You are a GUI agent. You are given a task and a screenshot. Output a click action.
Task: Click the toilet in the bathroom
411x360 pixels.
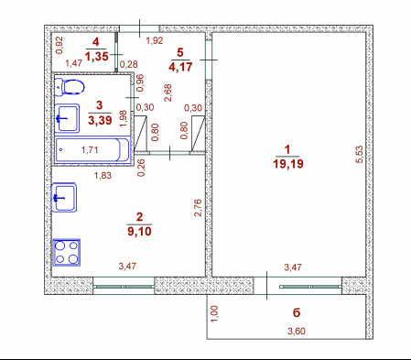point(70,87)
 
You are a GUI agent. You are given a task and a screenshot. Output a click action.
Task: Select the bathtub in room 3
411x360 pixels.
point(92,149)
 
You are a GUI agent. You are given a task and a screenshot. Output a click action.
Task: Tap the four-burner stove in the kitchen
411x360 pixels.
point(66,252)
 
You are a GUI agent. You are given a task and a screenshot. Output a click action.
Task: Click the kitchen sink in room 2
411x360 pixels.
point(64,197)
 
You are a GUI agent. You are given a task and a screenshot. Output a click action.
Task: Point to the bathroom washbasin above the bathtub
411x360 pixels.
point(67,118)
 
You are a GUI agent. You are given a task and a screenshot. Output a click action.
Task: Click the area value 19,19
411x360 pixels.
point(288,164)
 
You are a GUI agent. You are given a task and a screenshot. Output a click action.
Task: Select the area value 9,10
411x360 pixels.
point(139,231)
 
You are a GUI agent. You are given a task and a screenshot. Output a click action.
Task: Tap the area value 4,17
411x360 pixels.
point(180,67)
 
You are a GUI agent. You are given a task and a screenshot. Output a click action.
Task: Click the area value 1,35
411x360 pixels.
point(97,56)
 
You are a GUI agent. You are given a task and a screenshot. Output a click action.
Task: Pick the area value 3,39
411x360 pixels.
point(100,120)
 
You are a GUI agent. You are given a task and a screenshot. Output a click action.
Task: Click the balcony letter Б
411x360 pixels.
point(297,312)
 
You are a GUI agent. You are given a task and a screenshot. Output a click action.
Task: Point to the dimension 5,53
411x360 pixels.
point(360,155)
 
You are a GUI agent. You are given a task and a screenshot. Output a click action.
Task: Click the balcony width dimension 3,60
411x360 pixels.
point(297,331)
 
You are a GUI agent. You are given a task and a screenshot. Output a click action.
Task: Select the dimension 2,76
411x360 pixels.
point(198,208)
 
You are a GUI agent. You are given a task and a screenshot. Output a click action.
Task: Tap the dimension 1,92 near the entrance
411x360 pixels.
point(155,40)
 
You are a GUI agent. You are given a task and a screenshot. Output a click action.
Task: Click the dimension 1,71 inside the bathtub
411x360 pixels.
point(90,150)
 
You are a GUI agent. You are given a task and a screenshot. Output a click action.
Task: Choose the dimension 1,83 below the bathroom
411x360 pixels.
point(103,176)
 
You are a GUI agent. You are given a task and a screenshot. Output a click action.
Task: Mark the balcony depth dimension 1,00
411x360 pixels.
point(214,313)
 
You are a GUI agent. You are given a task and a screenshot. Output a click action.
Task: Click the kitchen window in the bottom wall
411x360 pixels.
point(124,287)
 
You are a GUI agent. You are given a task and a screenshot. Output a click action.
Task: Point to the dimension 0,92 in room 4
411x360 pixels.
point(59,45)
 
